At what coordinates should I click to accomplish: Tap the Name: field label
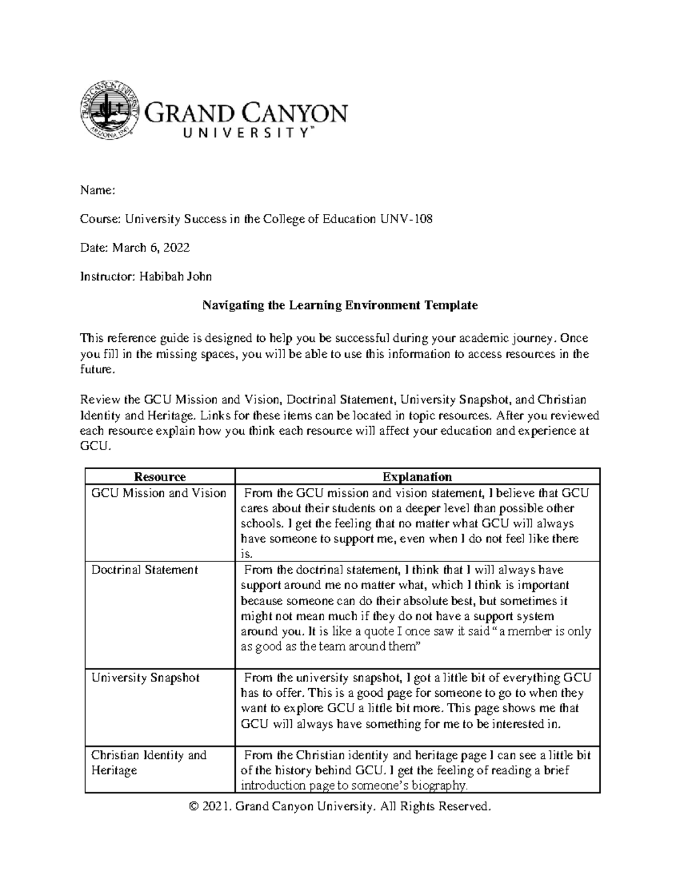[x=97, y=191]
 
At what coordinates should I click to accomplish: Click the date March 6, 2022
[x=150, y=247]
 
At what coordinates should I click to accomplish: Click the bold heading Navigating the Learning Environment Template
[x=340, y=306]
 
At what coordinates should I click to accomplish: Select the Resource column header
[x=159, y=477]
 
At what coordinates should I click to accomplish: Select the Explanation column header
[x=417, y=477]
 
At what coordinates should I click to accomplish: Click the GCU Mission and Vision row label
[x=159, y=493]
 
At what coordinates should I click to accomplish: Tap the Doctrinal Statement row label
[x=144, y=570]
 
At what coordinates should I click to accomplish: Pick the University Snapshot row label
[x=145, y=678]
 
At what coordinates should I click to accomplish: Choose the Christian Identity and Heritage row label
[x=148, y=762]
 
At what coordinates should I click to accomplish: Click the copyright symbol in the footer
[x=195, y=806]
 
